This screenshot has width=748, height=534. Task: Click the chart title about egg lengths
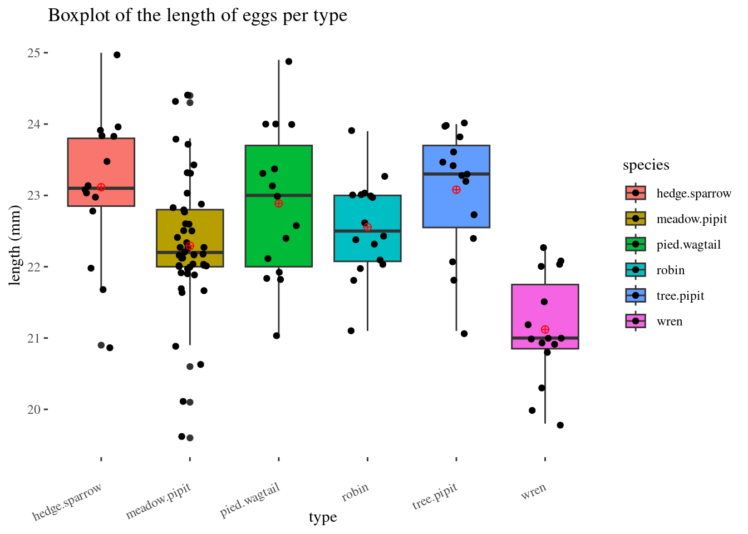tap(198, 16)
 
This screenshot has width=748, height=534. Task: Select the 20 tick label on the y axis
tap(34, 410)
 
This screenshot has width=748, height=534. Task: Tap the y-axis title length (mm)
tap(15, 245)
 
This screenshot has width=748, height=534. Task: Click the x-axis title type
tap(323, 518)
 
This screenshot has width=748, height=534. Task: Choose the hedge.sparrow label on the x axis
tap(67, 502)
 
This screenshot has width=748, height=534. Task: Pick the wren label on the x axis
tap(534, 492)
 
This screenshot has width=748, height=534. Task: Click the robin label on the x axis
tap(355, 492)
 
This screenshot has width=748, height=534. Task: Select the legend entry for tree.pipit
tap(680, 296)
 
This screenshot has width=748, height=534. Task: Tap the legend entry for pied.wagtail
tap(688, 245)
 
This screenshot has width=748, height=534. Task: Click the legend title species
tap(646, 165)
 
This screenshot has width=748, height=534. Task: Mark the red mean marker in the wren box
tap(545, 330)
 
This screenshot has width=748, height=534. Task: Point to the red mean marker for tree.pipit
tap(456, 190)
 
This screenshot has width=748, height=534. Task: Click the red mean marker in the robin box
tap(367, 227)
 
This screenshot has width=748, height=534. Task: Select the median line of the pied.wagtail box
tap(278, 195)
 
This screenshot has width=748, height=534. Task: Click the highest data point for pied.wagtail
tap(289, 62)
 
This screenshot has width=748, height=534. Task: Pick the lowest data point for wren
tap(560, 426)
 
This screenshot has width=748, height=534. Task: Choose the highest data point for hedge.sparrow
tap(117, 55)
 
